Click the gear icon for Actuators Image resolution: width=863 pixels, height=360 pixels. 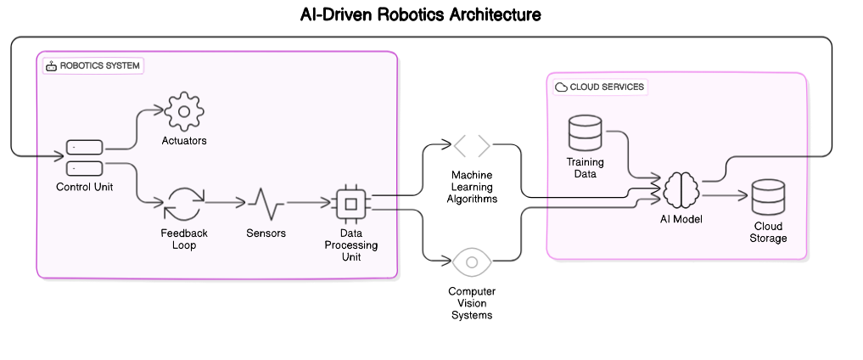pyautogui.click(x=184, y=111)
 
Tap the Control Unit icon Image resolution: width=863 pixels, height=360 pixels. pyautogui.click(x=85, y=158)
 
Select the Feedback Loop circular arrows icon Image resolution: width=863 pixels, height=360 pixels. pyautogui.click(x=184, y=204)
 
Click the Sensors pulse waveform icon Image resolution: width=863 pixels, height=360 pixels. pyautogui.click(x=266, y=204)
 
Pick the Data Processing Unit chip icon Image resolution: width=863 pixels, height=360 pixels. pyautogui.click(x=349, y=204)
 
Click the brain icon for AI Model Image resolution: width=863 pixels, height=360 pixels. pyautogui.click(x=681, y=189)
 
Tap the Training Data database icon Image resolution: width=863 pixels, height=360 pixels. pyautogui.click(x=585, y=132)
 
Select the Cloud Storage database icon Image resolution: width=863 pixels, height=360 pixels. pyautogui.click(x=769, y=197)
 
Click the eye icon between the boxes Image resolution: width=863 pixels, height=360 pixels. pyautogui.click(x=472, y=262)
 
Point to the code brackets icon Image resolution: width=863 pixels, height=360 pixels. pyautogui.click(x=472, y=146)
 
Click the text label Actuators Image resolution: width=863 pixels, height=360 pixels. pyautogui.click(x=184, y=141)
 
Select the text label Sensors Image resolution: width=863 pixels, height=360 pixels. pyautogui.click(x=266, y=233)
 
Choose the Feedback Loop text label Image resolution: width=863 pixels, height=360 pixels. pyautogui.click(x=184, y=239)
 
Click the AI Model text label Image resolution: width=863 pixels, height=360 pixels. pyautogui.click(x=681, y=219)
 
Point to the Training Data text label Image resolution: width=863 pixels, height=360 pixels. pyautogui.click(x=585, y=167)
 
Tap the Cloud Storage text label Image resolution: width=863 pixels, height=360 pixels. pyautogui.click(x=769, y=232)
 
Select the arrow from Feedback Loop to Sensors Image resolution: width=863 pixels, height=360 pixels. pyautogui.click(x=225, y=204)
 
